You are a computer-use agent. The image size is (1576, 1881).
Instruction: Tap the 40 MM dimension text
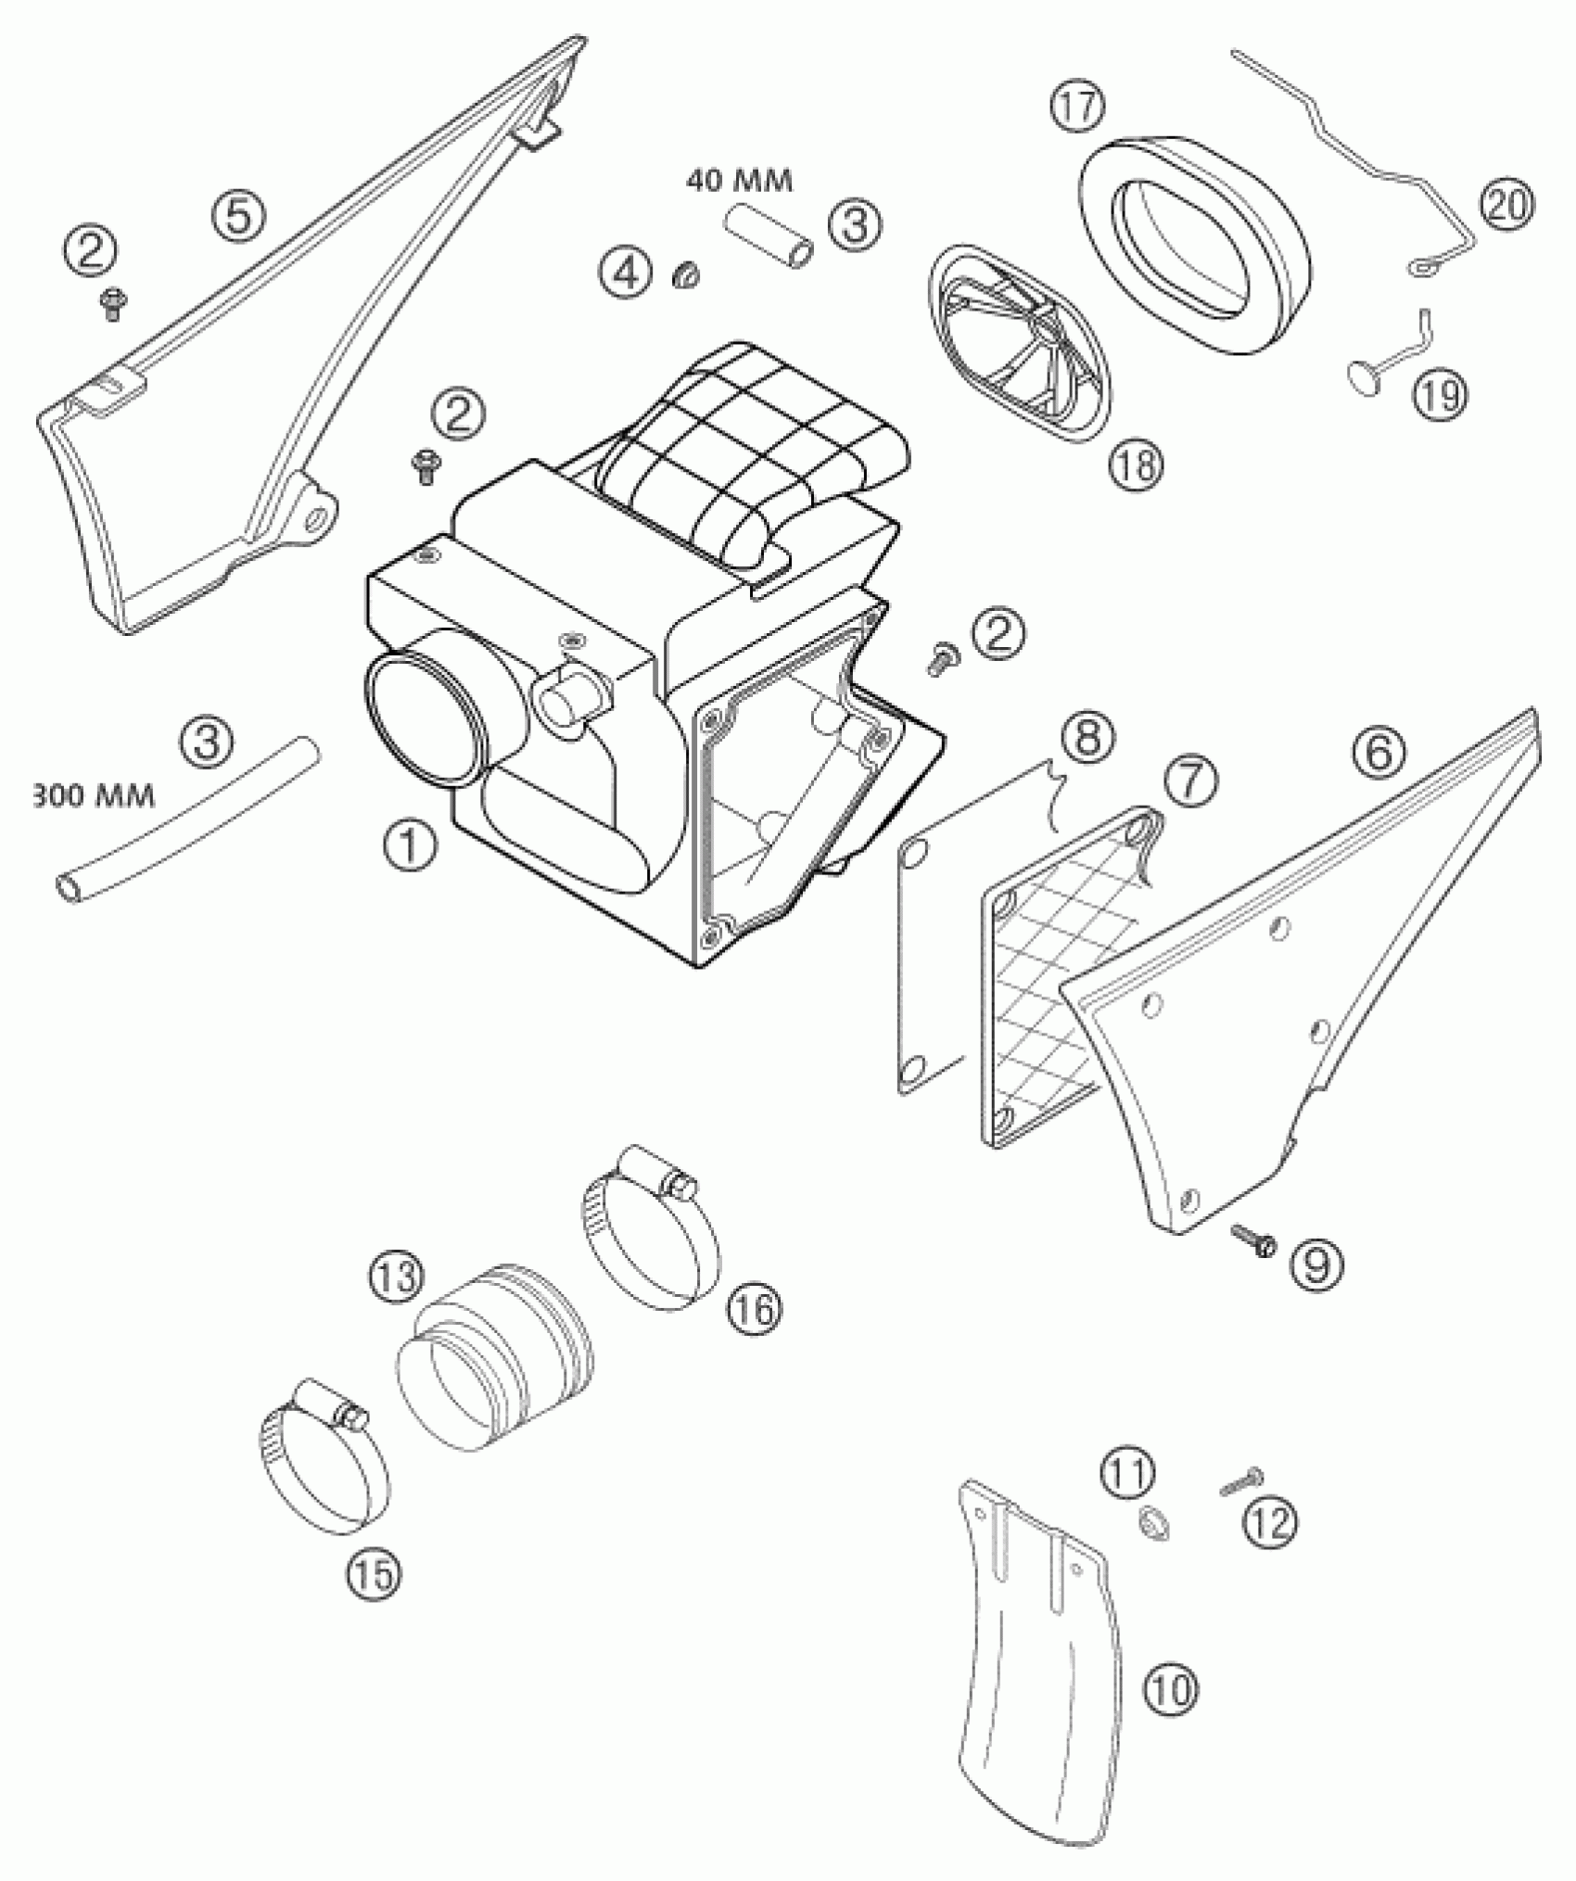tap(740, 181)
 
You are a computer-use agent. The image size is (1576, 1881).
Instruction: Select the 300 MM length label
tap(93, 795)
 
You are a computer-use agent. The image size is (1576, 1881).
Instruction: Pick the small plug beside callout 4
tap(687, 274)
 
